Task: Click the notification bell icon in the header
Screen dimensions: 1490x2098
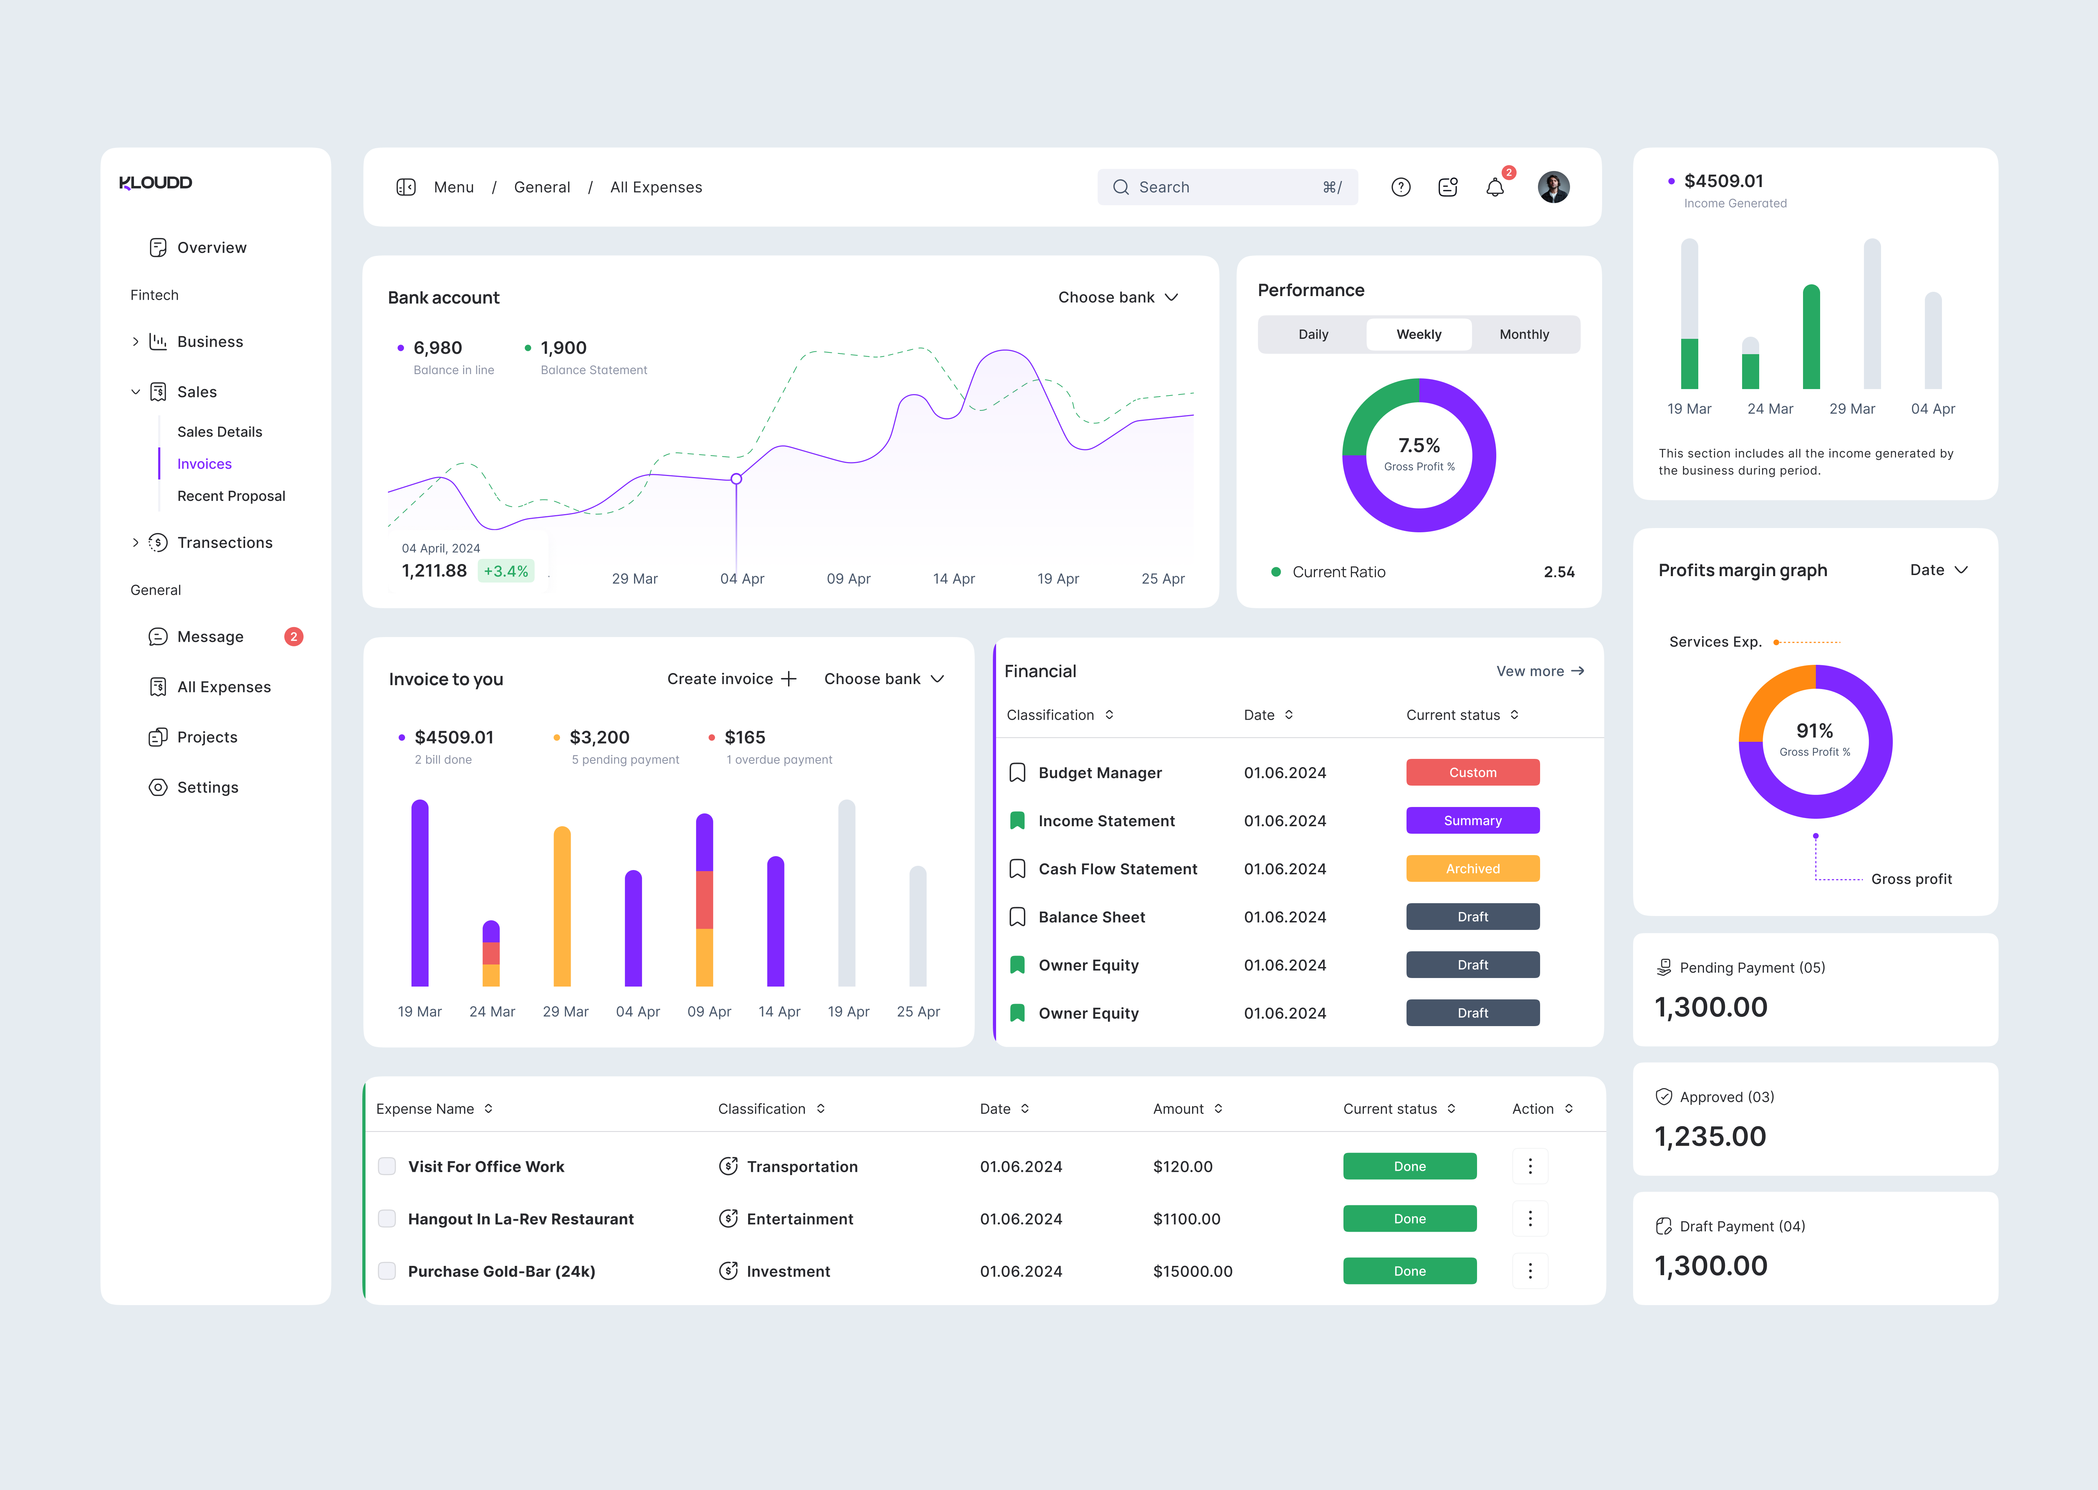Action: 1494,187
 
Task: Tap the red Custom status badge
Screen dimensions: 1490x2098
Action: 1472,772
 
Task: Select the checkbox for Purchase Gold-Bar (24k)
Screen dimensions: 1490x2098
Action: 387,1271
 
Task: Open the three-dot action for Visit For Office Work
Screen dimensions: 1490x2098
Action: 1529,1166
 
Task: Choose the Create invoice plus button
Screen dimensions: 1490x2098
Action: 788,679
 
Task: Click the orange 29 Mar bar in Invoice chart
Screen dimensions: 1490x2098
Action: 562,906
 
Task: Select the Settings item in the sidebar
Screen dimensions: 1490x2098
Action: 207,787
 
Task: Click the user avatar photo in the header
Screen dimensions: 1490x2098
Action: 1553,187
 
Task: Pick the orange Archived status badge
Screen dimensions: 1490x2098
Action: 1472,869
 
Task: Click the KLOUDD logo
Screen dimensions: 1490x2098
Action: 156,182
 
